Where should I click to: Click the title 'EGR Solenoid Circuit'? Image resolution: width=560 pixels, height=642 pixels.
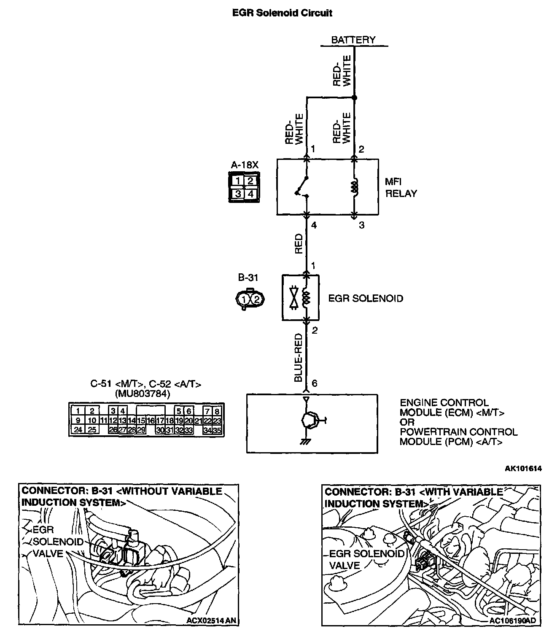(282, 13)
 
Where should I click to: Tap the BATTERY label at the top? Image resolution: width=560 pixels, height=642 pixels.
(353, 40)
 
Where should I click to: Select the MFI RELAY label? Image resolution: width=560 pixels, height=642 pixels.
(401, 188)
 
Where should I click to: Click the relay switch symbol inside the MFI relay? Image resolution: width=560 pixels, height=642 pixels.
(302, 188)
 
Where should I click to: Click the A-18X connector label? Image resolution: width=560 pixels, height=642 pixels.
(245, 165)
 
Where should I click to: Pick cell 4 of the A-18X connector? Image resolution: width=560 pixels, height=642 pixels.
(251, 194)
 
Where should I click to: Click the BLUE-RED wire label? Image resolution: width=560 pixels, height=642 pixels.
(299, 358)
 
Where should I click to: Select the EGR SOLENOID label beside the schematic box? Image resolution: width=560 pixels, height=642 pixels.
(366, 298)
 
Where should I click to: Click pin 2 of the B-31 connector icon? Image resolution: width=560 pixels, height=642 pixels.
(258, 299)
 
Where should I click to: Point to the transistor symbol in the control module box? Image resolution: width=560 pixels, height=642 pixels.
(309, 420)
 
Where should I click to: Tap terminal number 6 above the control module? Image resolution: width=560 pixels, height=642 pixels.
(314, 383)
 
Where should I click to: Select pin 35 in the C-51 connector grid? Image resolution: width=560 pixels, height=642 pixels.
(218, 430)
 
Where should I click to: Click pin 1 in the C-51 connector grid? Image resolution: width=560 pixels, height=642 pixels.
(78, 410)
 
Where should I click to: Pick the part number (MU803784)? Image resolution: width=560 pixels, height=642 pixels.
(143, 394)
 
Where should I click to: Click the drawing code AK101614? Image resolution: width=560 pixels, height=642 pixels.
(523, 468)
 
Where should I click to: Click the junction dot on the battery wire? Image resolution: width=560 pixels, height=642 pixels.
(354, 98)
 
